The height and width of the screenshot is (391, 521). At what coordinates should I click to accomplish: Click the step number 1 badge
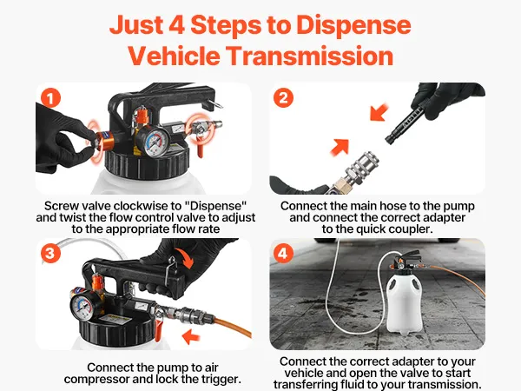50,98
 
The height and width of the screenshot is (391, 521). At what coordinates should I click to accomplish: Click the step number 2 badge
283,98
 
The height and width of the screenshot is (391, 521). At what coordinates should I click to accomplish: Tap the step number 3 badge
50,254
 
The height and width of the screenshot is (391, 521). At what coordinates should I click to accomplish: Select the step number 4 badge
283,254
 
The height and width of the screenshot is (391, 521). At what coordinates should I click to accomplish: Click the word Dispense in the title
353,25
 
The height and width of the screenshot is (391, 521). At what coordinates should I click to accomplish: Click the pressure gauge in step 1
153,142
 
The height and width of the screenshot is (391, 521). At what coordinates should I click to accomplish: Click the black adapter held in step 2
407,123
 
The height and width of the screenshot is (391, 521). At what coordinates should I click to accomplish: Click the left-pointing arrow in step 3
191,335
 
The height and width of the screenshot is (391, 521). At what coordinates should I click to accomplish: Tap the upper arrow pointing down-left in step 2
379,112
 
